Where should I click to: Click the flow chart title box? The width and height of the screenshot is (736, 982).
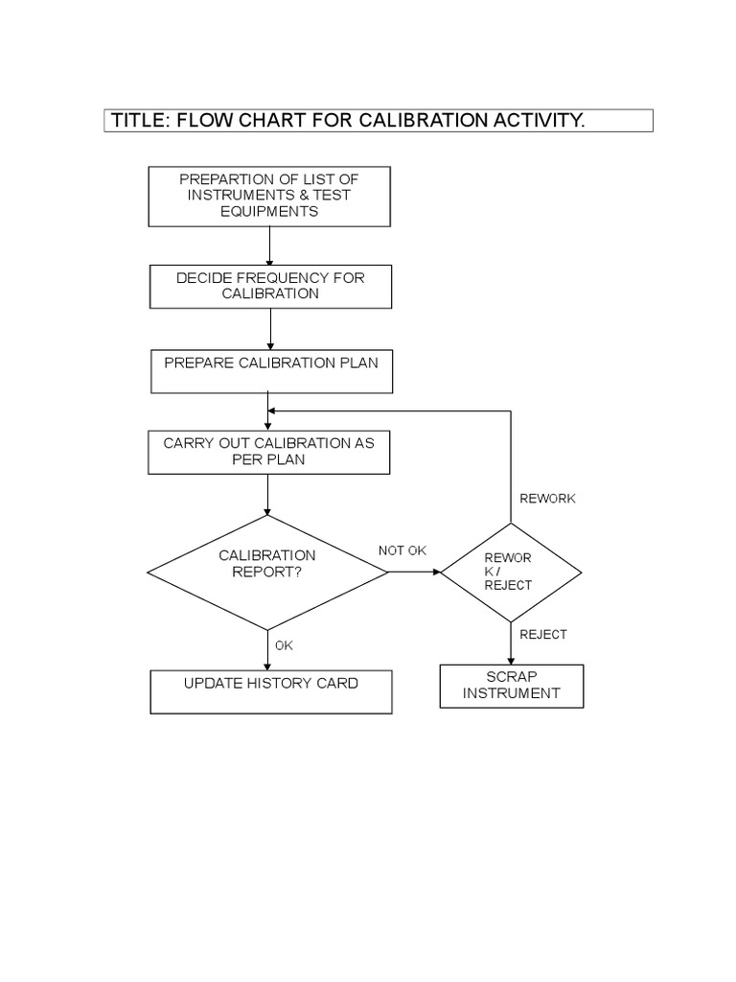point(379,121)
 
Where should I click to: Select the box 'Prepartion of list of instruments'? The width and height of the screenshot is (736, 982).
point(268,196)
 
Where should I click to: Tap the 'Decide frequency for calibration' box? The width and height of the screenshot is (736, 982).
point(270,286)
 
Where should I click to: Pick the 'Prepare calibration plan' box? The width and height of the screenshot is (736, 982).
point(271,371)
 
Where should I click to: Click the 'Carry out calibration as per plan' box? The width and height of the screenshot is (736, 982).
point(268,452)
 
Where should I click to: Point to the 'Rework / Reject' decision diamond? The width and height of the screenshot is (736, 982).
point(510,572)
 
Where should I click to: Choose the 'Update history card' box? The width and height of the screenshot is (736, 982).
point(271,691)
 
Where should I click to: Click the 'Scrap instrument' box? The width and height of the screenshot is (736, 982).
point(511,686)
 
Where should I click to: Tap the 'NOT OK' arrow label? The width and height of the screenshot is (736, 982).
point(402,550)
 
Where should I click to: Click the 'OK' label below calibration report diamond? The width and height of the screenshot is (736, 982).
point(284,645)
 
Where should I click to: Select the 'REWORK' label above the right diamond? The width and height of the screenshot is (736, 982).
point(547,499)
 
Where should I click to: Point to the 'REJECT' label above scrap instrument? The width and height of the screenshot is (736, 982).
point(543,634)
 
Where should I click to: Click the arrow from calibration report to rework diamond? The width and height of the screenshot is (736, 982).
point(414,572)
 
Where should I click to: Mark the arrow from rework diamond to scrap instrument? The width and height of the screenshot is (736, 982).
point(511,643)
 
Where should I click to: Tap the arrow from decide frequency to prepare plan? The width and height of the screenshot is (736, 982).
point(271,329)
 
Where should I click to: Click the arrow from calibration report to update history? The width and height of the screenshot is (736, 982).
point(268,650)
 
